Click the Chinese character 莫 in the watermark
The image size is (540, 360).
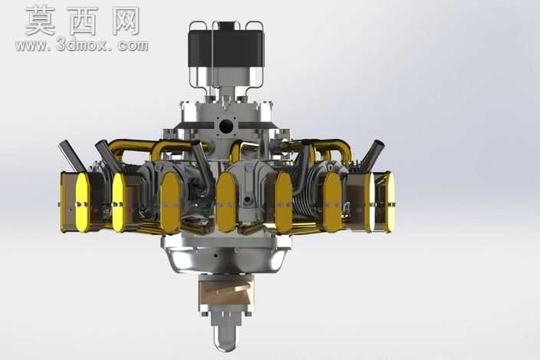click(41, 20)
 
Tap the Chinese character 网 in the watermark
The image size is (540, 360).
click(126, 21)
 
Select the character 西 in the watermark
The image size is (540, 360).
click(84, 21)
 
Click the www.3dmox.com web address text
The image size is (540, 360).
click(81, 46)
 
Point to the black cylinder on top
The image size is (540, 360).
click(226, 48)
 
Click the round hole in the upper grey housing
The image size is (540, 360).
click(226, 127)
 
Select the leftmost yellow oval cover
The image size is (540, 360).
click(83, 202)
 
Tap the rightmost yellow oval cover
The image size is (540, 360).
click(390, 202)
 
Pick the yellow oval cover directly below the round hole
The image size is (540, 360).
click(226, 202)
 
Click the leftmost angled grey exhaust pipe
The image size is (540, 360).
click(72, 156)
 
